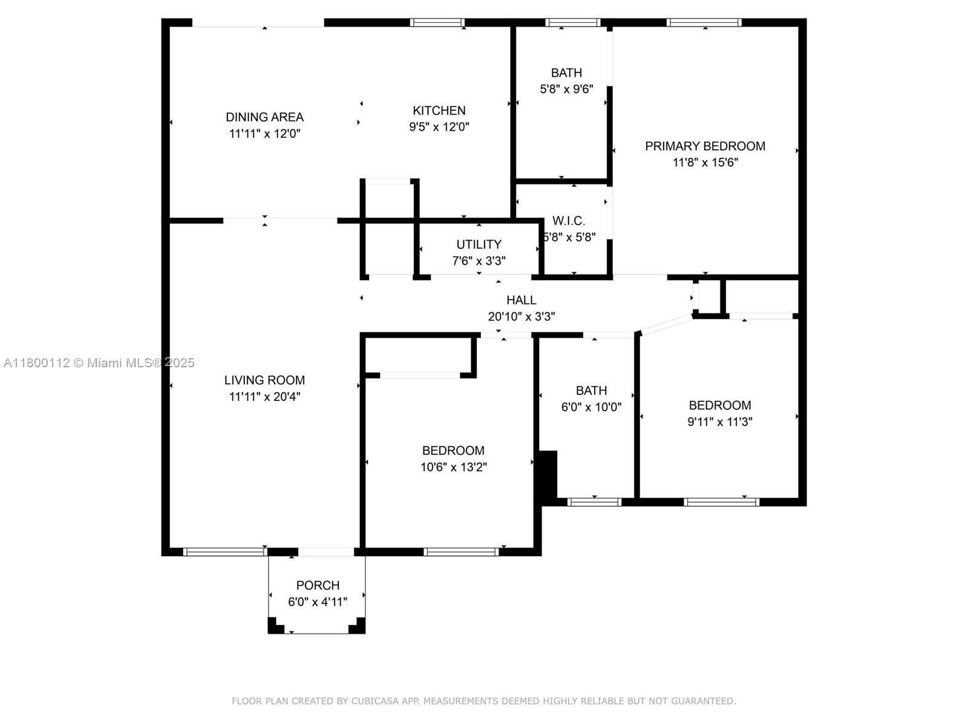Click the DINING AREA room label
point(264,117)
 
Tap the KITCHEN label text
point(439,110)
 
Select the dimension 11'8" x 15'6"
point(705,162)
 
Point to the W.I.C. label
point(569,221)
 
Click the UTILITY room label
point(479,244)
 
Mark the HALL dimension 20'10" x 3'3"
point(521,316)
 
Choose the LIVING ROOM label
point(264,380)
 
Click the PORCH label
point(318,585)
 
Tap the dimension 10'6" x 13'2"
point(453,466)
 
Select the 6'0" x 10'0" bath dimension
point(591,407)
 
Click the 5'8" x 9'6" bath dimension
point(566,89)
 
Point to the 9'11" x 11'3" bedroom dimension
point(719,422)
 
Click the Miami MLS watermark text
point(99,362)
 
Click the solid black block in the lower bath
point(548,475)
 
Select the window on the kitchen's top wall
point(437,23)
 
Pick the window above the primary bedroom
point(704,23)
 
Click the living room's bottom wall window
point(224,551)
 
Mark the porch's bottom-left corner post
point(275,626)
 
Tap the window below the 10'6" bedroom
point(461,551)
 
